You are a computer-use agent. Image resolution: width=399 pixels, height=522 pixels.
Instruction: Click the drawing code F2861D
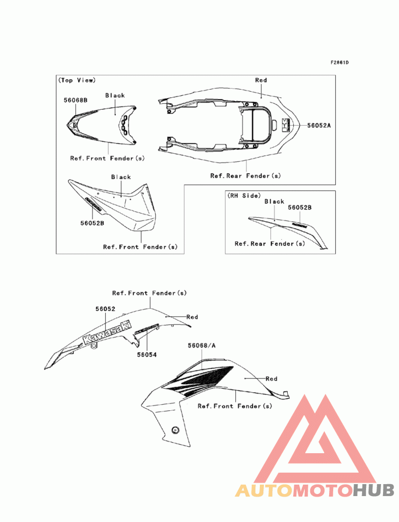pos(339,63)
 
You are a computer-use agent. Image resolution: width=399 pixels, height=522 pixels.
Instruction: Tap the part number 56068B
pos(75,100)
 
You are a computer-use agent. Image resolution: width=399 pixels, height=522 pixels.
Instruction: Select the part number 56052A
pos(319,126)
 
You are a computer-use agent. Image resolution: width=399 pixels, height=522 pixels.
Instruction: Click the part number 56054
pos(147,354)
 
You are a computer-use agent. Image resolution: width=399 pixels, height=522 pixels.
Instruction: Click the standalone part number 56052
pos(106,309)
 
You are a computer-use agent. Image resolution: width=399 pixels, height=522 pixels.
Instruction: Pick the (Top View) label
pos(77,80)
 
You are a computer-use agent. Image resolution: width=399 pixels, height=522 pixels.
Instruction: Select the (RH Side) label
pos(244,196)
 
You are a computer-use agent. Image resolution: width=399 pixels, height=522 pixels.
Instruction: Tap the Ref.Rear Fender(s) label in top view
pos(245,175)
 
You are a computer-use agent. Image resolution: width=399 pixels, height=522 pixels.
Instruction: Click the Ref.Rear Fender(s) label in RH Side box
pos(270,244)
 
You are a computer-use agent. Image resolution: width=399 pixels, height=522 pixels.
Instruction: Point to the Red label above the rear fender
pos(261,80)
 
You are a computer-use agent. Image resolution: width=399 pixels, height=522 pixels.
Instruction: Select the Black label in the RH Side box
pos(274,201)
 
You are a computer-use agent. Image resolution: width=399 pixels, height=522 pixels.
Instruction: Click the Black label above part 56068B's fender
pos(115,95)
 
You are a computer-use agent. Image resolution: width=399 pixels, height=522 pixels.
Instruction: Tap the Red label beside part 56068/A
pos(271,379)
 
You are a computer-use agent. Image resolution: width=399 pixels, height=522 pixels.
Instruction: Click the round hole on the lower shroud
pos(175,430)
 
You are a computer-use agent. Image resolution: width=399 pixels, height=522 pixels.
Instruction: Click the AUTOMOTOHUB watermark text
pos(315,491)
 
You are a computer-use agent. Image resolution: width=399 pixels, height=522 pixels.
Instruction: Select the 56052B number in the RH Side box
pos(300,207)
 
